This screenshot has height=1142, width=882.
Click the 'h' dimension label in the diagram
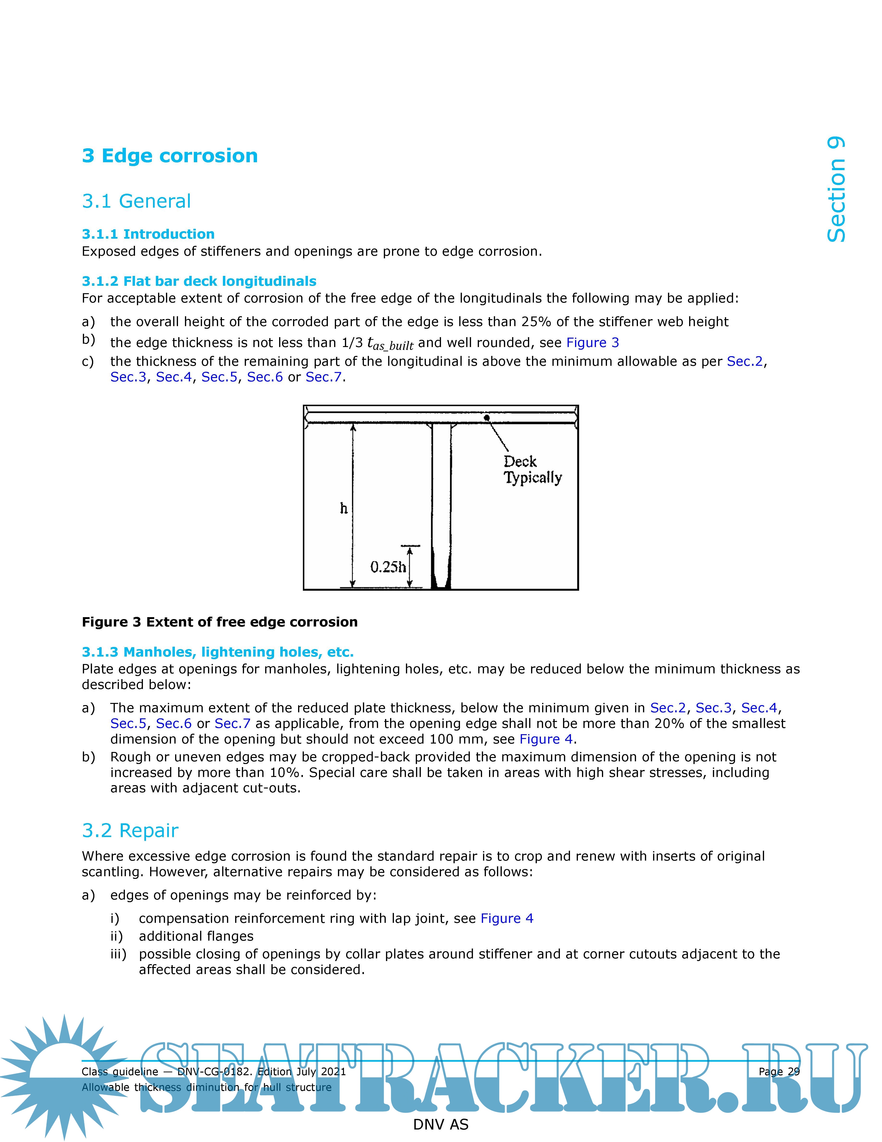pyautogui.click(x=343, y=508)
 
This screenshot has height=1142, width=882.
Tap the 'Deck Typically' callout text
pyautogui.click(x=532, y=470)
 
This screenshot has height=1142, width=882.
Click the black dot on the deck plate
pyautogui.click(x=486, y=417)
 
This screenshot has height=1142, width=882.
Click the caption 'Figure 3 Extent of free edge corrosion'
pyautogui.click(x=220, y=622)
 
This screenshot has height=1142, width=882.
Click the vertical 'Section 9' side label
pyautogui.click(x=836, y=189)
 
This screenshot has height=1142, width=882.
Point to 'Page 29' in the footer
pyautogui.click(x=778, y=1071)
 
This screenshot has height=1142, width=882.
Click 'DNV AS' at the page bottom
pyautogui.click(x=441, y=1124)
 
